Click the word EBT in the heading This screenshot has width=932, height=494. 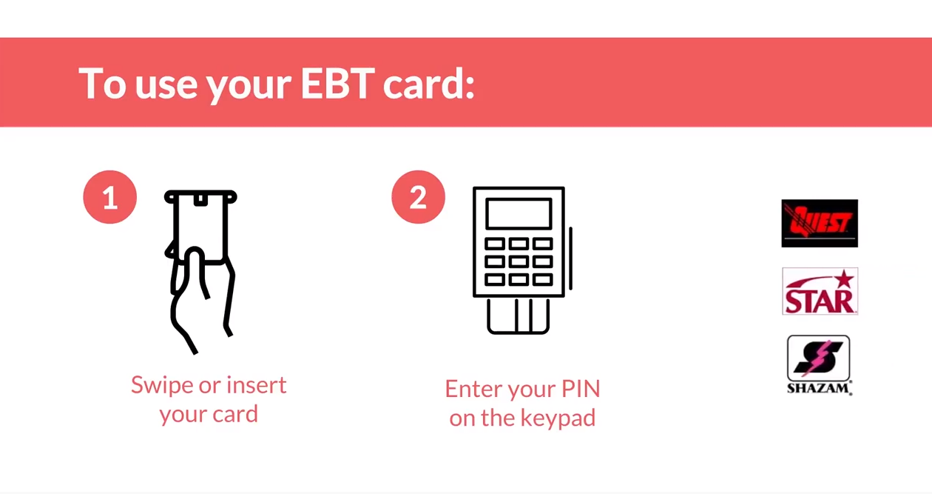pyautogui.click(x=337, y=83)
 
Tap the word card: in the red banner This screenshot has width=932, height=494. pyautogui.click(x=428, y=83)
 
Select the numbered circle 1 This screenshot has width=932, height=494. pyautogui.click(x=109, y=197)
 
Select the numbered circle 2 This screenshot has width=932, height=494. pyautogui.click(x=418, y=197)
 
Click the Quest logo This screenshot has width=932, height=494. pyautogui.click(x=820, y=223)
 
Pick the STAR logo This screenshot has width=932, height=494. pyautogui.click(x=820, y=291)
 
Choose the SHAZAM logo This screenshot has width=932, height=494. pyautogui.click(x=819, y=365)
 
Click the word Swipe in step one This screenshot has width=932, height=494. pyautogui.click(x=161, y=386)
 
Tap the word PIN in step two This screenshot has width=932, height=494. pyautogui.click(x=581, y=389)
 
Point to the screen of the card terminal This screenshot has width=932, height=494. pyautogui.click(x=519, y=214)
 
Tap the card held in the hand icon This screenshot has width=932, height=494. pyautogui.click(x=200, y=227)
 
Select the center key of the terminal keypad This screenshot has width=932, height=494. pyautogui.click(x=519, y=261)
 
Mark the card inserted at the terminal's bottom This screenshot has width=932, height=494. pyautogui.click(x=519, y=316)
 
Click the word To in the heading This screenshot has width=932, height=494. pyautogui.click(x=102, y=83)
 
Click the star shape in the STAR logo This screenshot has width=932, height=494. pyautogui.click(x=844, y=279)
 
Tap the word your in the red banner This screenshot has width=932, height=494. pyautogui.click(x=249, y=87)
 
